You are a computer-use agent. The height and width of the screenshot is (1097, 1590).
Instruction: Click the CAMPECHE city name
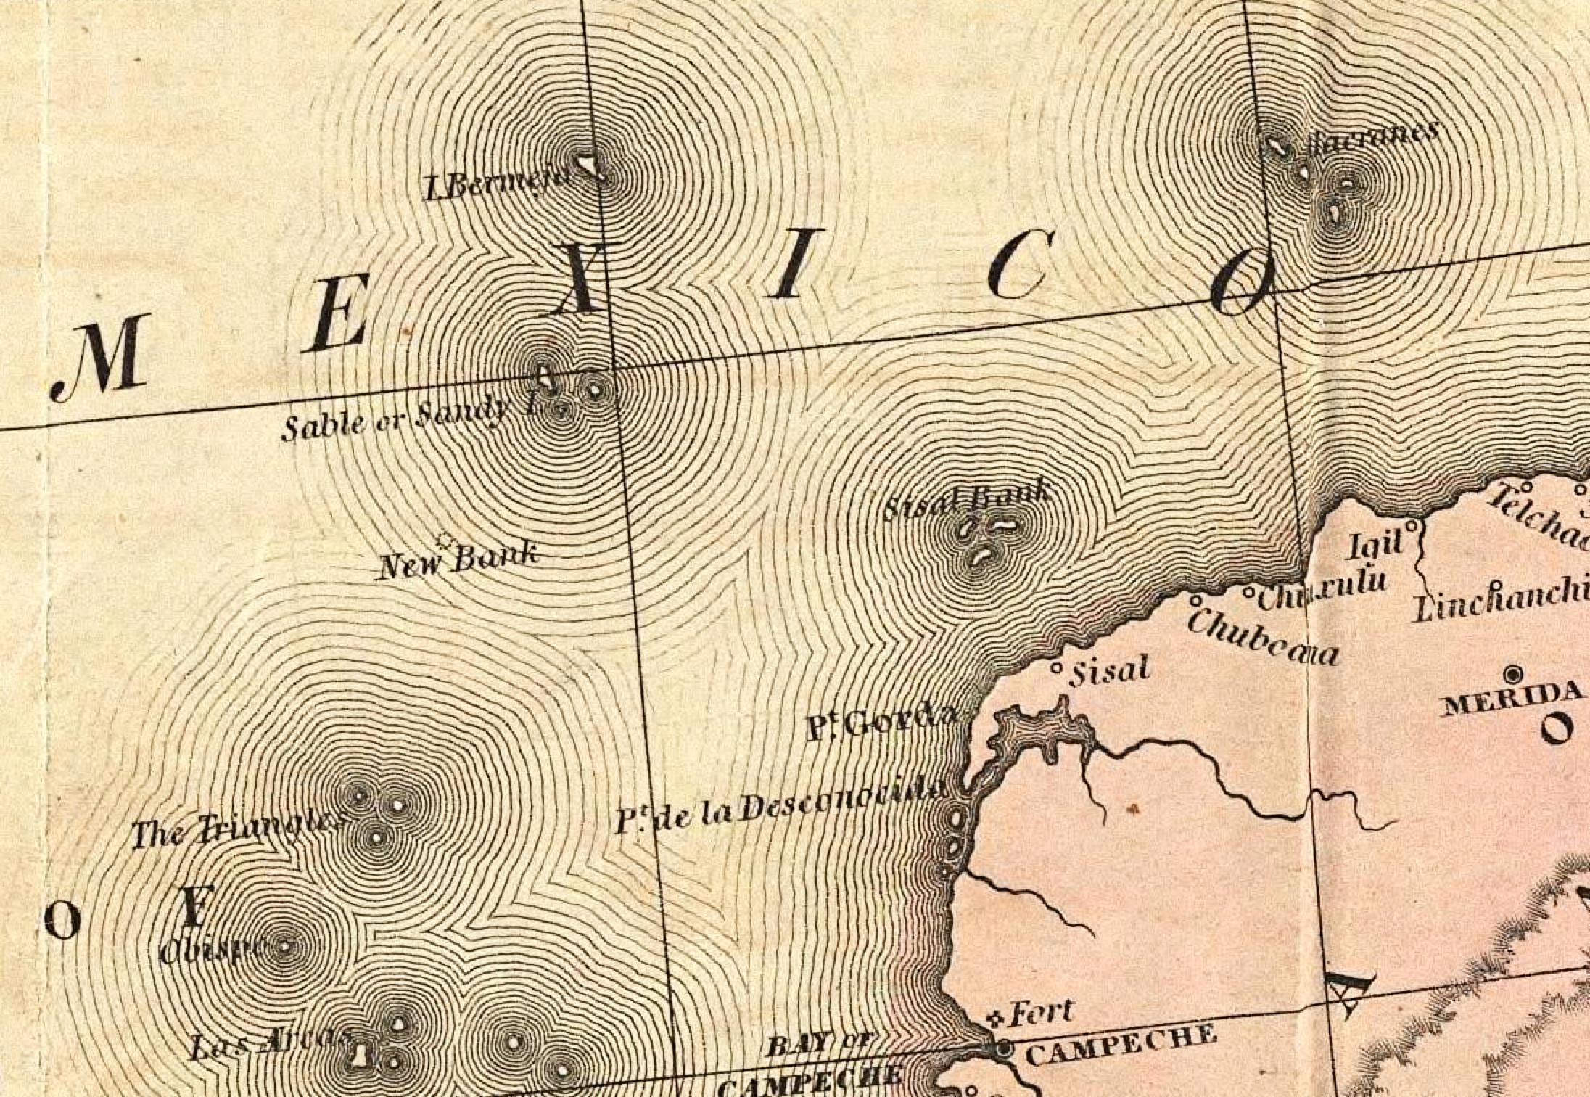point(1121,1045)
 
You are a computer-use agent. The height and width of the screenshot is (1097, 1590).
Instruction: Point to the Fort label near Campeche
point(1040,1012)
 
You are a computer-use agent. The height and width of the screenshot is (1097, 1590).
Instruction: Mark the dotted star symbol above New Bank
point(444,540)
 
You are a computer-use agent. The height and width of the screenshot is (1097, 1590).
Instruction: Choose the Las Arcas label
point(268,1044)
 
